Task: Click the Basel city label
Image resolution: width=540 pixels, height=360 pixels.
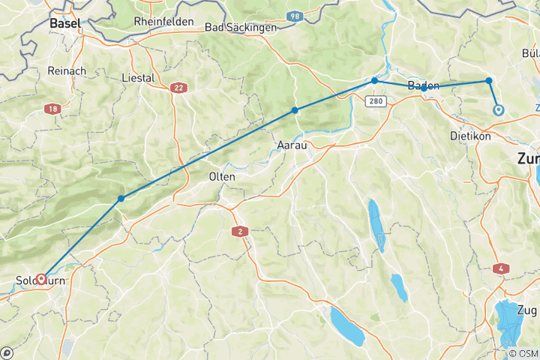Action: click(65, 24)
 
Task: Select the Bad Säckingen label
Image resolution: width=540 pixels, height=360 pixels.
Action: click(241, 27)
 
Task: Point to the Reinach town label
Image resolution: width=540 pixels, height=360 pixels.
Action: click(67, 70)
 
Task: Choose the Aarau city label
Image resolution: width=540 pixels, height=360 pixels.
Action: click(292, 145)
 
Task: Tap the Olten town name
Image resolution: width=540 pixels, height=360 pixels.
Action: click(222, 177)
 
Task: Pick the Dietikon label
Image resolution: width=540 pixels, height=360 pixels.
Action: click(469, 137)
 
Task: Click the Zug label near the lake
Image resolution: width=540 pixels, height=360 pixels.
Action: click(528, 309)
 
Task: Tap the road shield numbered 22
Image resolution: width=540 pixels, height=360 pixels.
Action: click(178, 88)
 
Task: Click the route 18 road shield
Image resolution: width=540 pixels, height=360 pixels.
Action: click(52, 109)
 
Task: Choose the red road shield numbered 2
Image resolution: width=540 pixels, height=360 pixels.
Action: click(239, 231)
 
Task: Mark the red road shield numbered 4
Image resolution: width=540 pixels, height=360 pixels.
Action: click(500, 268)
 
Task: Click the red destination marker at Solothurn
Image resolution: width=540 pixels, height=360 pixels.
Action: click(41, 279)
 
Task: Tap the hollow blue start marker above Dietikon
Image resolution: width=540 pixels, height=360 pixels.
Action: click(498, 110)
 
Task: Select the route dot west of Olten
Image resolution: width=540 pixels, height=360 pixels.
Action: click(121, 199)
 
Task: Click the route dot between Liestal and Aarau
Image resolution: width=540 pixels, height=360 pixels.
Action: click(295, 110)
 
